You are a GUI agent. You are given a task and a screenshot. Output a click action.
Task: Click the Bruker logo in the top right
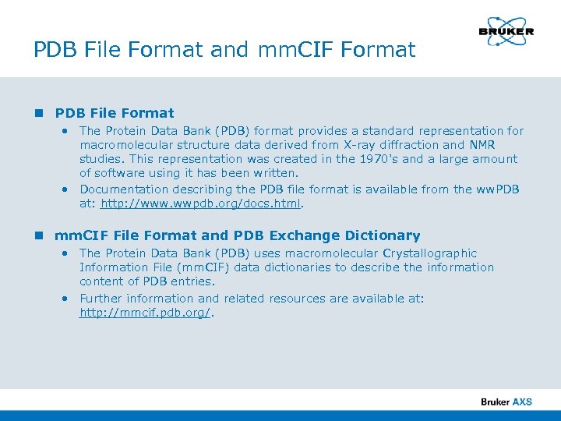pos(506,32)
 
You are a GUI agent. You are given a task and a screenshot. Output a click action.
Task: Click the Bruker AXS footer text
pos(506,402)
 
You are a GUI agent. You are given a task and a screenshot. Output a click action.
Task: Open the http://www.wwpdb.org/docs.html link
pos(201,204)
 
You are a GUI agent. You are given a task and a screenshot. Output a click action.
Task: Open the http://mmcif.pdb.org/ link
pos(146,313)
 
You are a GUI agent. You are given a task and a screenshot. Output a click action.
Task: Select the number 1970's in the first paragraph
pos(380,159)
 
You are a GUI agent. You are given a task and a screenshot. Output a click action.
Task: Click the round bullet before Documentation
pos(67,189)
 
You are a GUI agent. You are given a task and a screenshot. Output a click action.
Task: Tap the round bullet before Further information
pos(67,299)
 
